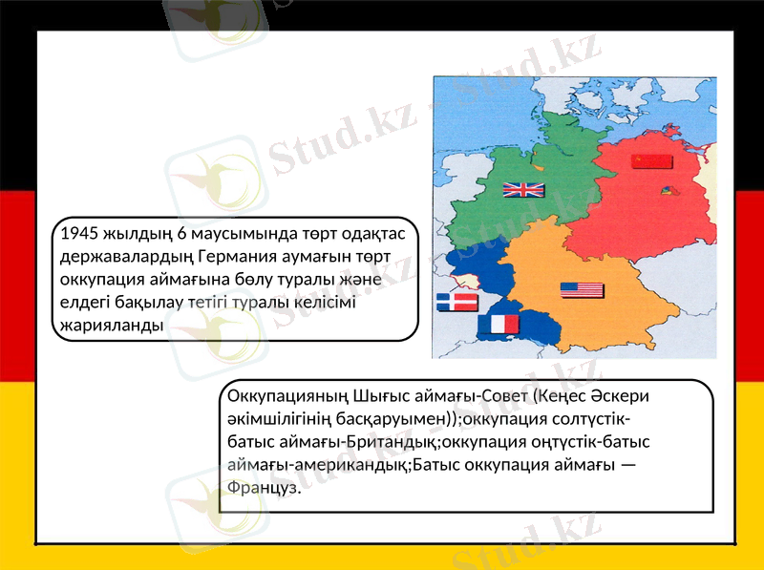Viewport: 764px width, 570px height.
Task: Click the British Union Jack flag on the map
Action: [523, 189]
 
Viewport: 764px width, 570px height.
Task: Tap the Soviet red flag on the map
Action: [651, 160]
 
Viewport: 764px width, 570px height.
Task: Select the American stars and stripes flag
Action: [582, 290]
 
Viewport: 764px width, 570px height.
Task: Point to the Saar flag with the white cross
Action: [456, 303]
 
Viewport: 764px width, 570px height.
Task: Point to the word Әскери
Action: [631, 395]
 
